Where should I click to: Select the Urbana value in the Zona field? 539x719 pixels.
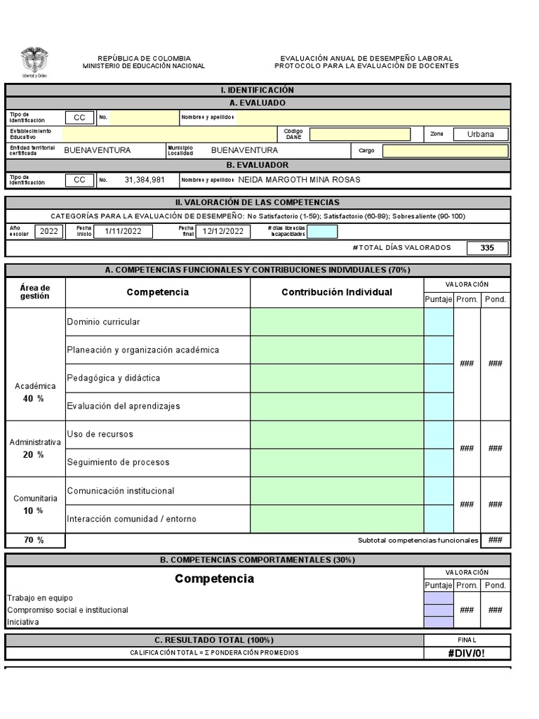480,134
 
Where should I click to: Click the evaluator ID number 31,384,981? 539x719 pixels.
145,180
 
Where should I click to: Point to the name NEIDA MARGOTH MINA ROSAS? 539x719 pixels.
299,180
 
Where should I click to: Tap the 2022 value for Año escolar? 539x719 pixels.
49,231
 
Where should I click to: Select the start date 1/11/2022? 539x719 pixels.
124,231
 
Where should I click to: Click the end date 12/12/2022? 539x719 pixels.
222,231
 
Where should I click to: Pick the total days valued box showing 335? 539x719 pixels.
487,248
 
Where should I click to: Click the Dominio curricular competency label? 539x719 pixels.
103,322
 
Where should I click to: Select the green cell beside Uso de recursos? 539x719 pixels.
337,435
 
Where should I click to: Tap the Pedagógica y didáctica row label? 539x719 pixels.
113,378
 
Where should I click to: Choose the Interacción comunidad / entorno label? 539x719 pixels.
131,519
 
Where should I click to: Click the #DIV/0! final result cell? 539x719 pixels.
467,653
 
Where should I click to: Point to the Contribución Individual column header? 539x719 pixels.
337,292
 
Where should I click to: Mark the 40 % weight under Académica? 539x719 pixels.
33,398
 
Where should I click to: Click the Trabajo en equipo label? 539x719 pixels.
40,598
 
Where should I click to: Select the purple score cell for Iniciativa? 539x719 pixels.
439,622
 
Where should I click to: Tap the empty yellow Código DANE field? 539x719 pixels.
360,134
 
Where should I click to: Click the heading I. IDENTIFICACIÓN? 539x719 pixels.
258,90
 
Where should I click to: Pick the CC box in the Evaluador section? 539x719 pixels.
79,180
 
